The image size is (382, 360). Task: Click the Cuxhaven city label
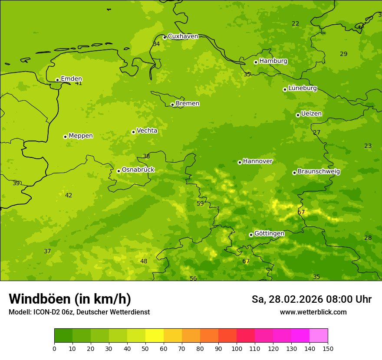pos(183,36)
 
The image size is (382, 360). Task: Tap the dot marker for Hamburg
pos(256,62)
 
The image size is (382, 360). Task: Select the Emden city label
pos(71,79)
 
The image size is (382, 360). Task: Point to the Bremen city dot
pos(172,105)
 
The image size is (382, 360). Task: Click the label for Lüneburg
pos(302,88)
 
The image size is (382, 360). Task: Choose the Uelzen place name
pos(311,114)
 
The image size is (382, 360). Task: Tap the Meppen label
pos(81,136)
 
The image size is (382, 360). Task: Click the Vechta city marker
pos(133,132)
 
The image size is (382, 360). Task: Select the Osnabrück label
pos(138,170)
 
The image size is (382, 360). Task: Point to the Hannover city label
pos(257,161)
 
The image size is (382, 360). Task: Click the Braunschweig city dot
pos(294,173)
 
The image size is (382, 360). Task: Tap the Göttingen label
pos(269,233)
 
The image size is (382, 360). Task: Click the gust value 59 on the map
pos(200,203)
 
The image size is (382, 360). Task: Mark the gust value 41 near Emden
pos(79,83)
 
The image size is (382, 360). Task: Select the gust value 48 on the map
pos(144,261)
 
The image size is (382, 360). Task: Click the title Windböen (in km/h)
pos(70,299)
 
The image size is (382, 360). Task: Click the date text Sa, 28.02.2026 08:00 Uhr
pos(311,299)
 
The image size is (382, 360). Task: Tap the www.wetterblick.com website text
pos(313,312)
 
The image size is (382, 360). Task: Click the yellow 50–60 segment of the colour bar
pos(155,336)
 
